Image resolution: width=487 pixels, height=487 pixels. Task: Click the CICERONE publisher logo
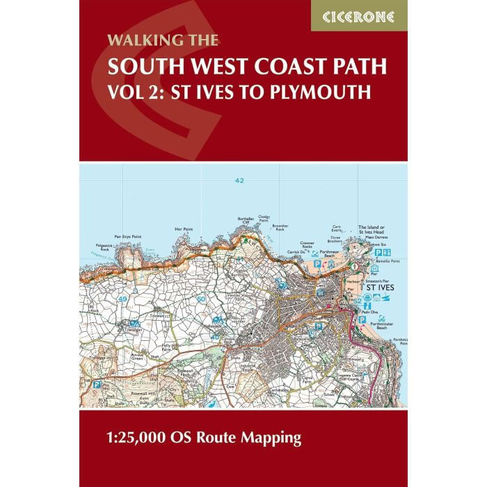tap(359, 15)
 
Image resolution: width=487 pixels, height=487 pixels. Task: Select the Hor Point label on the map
tap(184, 228)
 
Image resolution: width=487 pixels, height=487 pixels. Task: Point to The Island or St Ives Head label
tap(376, 230)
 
